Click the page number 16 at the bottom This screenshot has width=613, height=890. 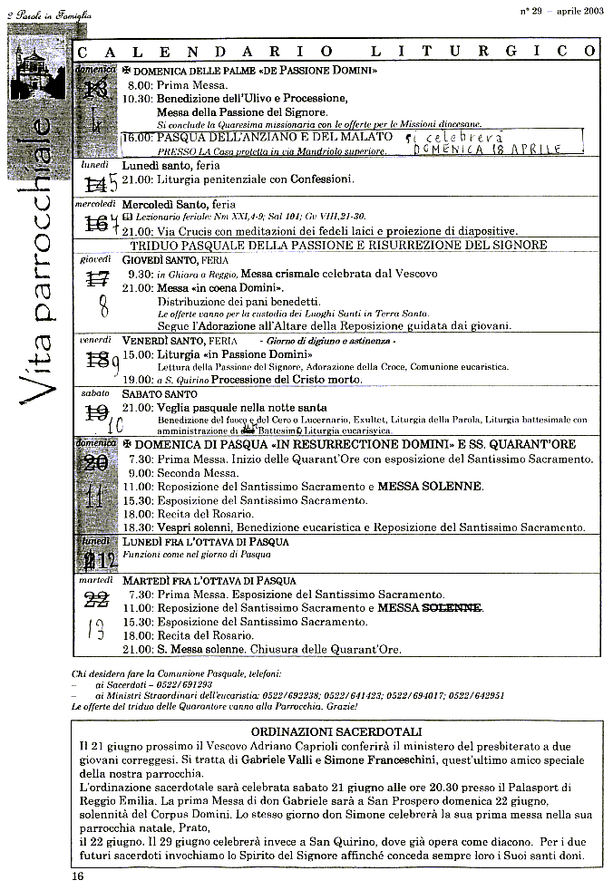pos(77,875)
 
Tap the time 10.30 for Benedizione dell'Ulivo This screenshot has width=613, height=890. pos(137,98)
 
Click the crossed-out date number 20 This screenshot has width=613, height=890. pos(95,463)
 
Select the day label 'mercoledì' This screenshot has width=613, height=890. pos(93,204)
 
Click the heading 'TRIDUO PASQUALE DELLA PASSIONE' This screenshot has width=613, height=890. pos(338,245)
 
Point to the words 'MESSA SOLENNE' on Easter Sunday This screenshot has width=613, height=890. pos(429,487)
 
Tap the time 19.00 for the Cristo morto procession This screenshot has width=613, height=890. pos(137,380)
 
